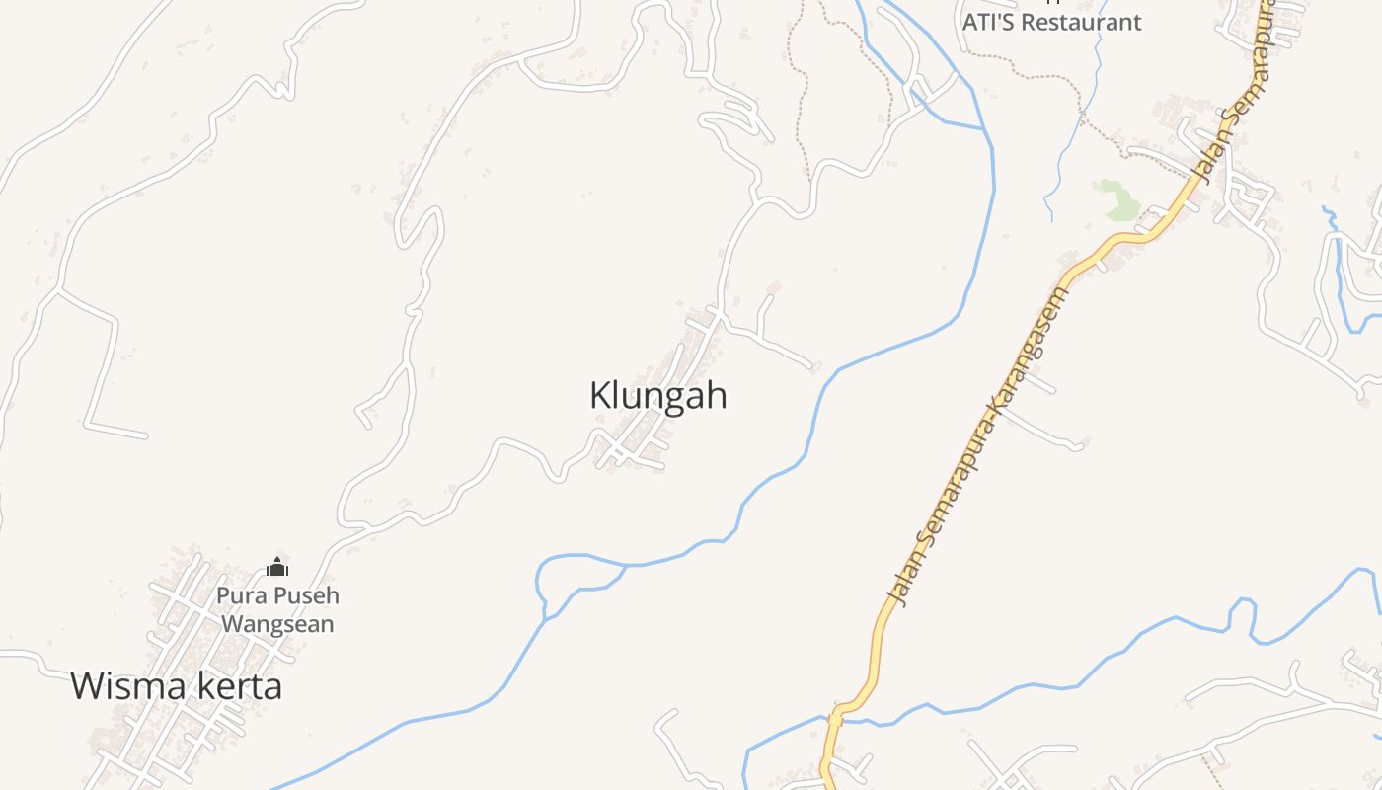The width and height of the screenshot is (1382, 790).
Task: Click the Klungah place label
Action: pos(658,396)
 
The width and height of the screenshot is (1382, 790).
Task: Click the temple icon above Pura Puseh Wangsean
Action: pos(277,567)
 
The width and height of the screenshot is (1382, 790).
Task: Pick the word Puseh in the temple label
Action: pos(306,596)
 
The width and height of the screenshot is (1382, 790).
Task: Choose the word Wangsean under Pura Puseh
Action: pos(277,624)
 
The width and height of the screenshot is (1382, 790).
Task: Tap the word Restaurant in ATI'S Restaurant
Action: pos(1082,22)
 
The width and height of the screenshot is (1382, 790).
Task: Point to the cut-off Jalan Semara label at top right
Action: pos(1234,89)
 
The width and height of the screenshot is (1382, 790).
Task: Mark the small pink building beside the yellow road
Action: pos(1194,196)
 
